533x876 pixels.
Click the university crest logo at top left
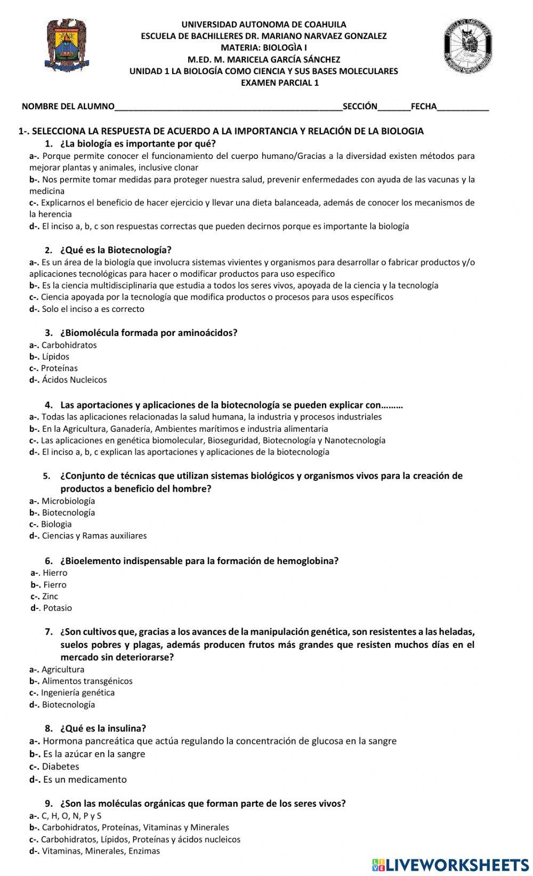(67, 45)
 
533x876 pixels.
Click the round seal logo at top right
(467, 46)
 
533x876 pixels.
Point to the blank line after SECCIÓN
(394, 107)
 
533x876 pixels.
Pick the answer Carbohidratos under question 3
(69, 345)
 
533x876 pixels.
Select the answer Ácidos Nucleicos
(74, 380)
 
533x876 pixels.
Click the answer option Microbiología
(68, 501)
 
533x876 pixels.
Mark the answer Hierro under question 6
(55, 573)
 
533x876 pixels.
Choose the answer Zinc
(50, 597)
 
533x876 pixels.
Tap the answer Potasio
(57, 608)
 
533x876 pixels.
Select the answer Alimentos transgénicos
(87, 681)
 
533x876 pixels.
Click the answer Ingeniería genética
(78, 693)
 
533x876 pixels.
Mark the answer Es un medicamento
(85, 779)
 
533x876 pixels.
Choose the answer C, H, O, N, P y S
(71, 816)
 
